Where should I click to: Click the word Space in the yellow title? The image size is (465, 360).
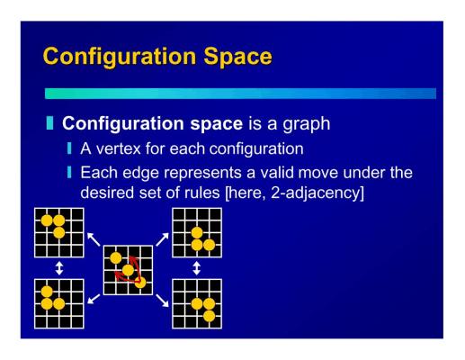point(237,58)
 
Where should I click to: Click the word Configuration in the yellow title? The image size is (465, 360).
point(120,58)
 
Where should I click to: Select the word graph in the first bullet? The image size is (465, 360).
point(307,124)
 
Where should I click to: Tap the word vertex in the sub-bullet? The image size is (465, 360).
point(118,148)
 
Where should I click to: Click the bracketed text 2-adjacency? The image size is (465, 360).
point(317,193)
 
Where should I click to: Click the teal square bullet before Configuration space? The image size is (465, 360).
point(49,123)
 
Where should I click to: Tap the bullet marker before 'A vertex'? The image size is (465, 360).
point(69,148)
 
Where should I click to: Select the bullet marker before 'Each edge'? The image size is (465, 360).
point(69,172)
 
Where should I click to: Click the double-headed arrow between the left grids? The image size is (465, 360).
point(59,268)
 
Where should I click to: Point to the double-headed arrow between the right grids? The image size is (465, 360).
point(196,268)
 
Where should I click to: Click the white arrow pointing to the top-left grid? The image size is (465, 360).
point(94,239)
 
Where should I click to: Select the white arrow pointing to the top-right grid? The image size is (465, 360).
point(162,239)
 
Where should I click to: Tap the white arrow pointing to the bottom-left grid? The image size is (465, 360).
point(94,299)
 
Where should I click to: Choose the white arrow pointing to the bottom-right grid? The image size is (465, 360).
point(162,301)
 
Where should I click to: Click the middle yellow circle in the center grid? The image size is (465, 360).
point(128,270)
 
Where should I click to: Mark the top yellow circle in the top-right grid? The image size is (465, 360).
point(197,233)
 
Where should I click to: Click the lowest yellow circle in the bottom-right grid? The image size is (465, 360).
point(209,316)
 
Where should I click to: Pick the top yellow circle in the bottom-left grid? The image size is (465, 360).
point(47,292)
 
